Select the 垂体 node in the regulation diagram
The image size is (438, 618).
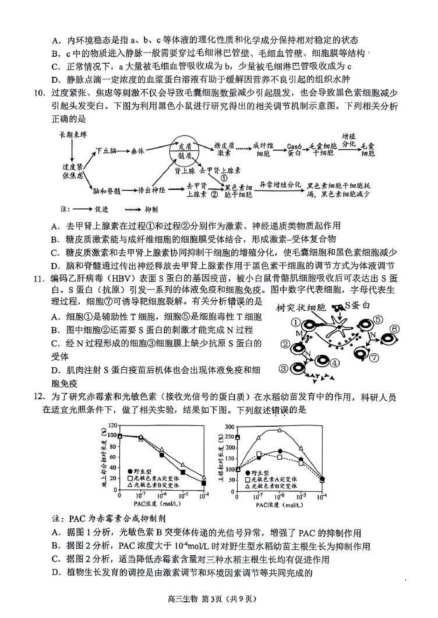(x=137, y=151)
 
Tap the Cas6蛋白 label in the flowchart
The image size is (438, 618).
(x=294, y=150)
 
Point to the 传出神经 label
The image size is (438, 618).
(x=152, y=190)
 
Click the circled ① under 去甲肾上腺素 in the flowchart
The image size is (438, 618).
(x=224, y=178)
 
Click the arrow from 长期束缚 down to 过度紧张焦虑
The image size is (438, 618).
(x=72, y=149)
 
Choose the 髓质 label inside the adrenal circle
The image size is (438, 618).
(x=185, y=156)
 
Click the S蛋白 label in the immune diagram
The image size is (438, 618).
(x=357, y=305)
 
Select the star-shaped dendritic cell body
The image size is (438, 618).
(x=339, y=327)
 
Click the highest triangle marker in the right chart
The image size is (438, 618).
(x=280, y=430)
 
